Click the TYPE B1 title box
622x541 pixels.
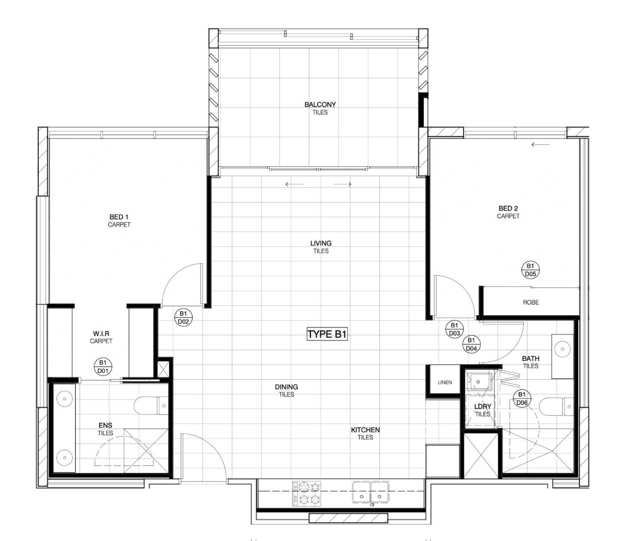[x=327, y=334]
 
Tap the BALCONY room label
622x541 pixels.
[x=320, y=104]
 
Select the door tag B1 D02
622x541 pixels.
[x=183, y=318]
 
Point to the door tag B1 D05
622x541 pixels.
[x=530, y=270]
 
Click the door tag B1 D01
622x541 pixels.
[x=103, y=367]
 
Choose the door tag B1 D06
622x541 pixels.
[x=522, y=399]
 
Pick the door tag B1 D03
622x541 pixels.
[x=454, y=329]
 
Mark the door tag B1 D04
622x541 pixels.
[x=471, y=344]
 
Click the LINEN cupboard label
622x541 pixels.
[x=445, y=383]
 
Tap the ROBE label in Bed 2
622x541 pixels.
[x=531, y=302]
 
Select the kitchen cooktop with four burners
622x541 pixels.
[x=307, y=493]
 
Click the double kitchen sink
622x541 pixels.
[x=371, y=493]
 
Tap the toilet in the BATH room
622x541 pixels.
[x=556, y=407]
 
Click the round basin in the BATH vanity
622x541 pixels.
[x=562, y=349]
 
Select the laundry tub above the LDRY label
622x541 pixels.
[x=479, y=382]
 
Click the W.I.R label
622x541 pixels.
[x=101, y=333]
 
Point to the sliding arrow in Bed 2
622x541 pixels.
[x=541, y=145]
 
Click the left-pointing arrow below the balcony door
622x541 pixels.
[x=294, y=184]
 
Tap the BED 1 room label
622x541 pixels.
[x=119, y=217]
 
